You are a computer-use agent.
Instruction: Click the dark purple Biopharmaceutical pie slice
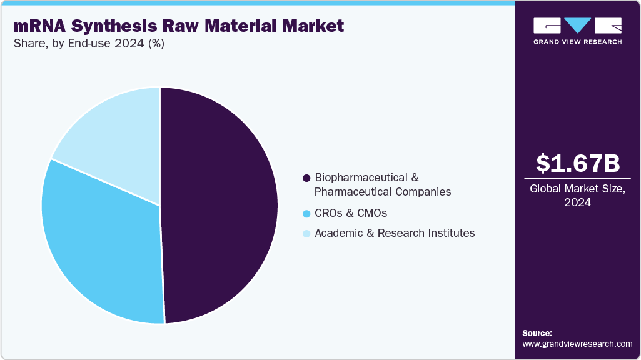pyautogui.click(x=219, y=206)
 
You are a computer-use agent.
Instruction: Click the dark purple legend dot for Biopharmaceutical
pyautogui.click(x=306, y=178)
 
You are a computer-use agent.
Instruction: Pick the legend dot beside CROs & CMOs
pyautogui.click(x=306, y=214)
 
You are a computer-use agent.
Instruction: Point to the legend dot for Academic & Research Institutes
pyautogui.click(x=306, y=234)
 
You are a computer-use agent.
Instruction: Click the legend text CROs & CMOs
pyautogui.click(x=351, y=213)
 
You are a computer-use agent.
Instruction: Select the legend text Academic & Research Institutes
pyautogui.click(x=395, y=233)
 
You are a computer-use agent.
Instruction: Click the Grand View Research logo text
pyautogui.click(x=578, y=42)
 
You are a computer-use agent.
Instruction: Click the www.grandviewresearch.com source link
pyautogui.click(x=577, y=344)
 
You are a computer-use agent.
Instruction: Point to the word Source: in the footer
pyautogui.click(x=537, y=333)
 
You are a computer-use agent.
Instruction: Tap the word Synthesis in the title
pyautogui.click(x=113, y=26)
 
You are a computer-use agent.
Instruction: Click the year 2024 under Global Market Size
pyautogui.click(x=578, y=202)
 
